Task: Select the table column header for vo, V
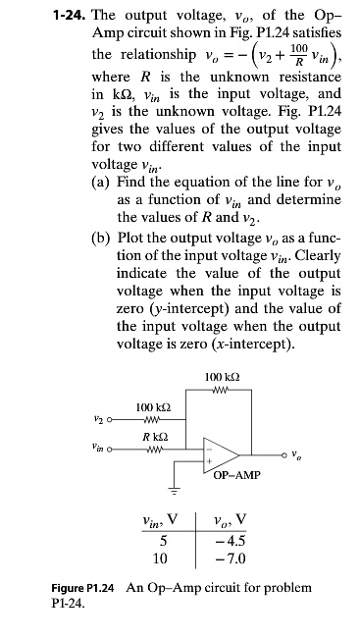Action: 238,519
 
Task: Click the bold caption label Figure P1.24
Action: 83,588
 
